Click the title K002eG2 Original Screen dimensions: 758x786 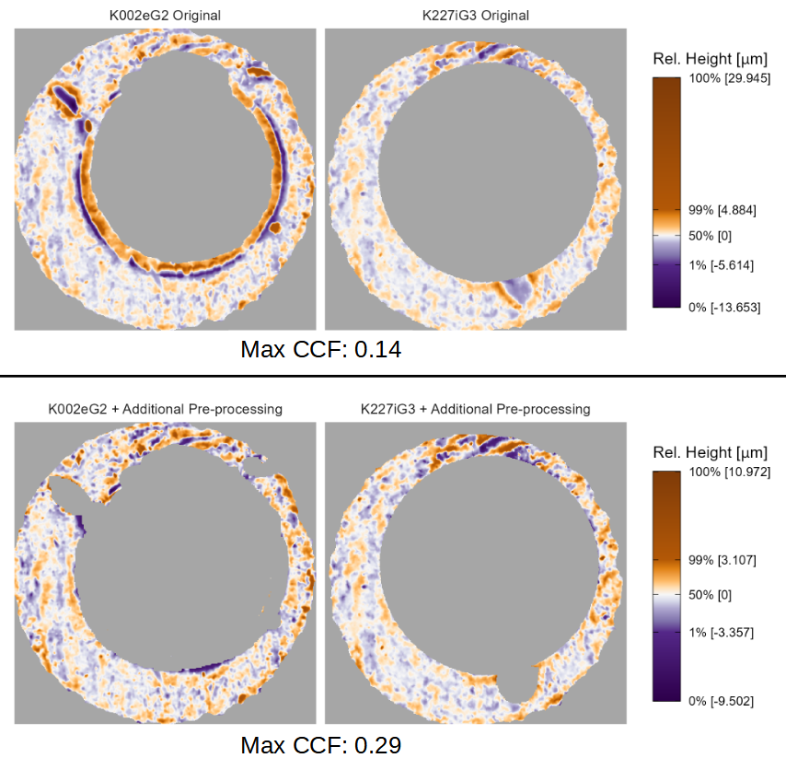click(165, 16)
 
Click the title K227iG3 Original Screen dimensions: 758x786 click(475, 16)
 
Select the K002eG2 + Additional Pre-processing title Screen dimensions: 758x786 click(165, 409)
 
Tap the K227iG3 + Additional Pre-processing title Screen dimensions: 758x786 click(475, 409)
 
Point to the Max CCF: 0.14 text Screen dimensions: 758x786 click(320, 350)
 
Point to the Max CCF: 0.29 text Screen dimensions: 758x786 click(320, 744)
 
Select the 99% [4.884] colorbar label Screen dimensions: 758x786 click(722, 210)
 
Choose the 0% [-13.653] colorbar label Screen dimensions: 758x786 click(724, 307)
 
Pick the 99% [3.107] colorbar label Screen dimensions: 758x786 click(722, 560)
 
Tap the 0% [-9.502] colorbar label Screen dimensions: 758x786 click(722, 701)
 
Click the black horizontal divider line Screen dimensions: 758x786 click(393, 376)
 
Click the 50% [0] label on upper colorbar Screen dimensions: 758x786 click(711, 236)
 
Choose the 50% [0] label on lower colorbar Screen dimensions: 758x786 click(711, 595)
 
